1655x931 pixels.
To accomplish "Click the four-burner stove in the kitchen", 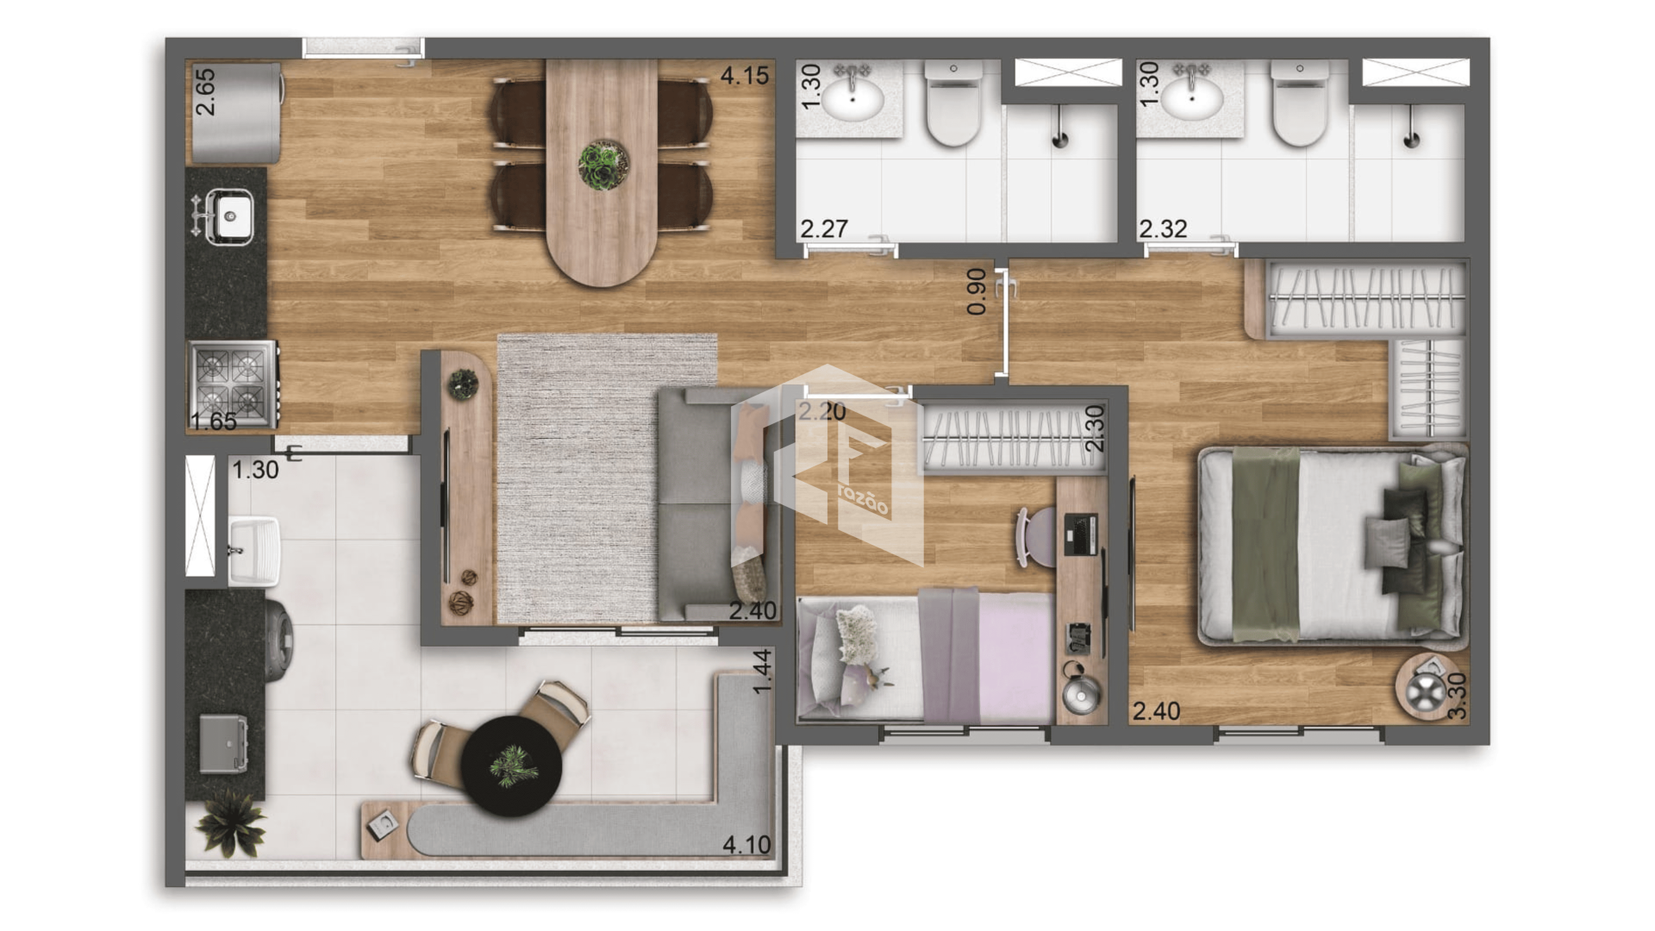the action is click(233, 384).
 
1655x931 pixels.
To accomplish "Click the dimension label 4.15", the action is click(744, 76).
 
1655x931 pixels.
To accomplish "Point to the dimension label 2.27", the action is click(824, 228).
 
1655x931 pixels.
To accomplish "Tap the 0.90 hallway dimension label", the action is click(976, 291).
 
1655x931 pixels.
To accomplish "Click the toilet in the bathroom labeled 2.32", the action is click(1300, 103).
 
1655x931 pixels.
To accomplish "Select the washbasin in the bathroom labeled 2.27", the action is click(852, 98).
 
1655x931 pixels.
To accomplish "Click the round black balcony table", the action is click(511, 765).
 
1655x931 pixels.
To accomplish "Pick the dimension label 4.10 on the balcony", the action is click(746, 845).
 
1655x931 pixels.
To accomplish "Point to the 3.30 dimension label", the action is click(1457, 696).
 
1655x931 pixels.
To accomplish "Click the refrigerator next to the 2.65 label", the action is click(235, 113).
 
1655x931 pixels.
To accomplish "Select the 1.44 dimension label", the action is click(762, 672).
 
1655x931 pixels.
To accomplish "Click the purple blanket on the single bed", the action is click(949, 655).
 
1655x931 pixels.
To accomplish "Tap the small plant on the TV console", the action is click(463, 384).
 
